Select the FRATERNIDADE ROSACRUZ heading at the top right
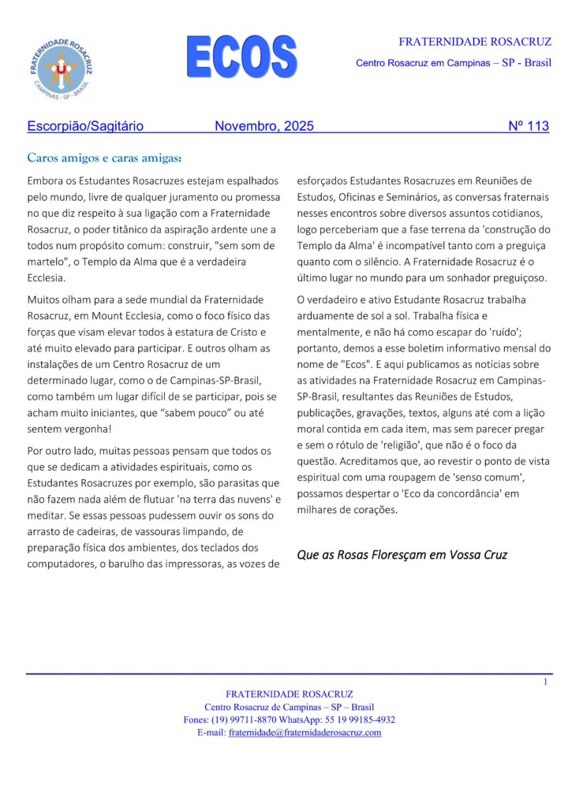[475, 41]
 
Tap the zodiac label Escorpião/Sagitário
[85, 126]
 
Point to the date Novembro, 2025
[264, 126]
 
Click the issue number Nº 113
[528, 126]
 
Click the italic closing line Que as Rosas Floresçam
[402, 554]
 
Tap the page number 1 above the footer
[544, 682]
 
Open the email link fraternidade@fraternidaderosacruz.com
[305, 732]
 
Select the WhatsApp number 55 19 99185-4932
[358, 720]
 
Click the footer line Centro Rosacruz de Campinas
[289, 707]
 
